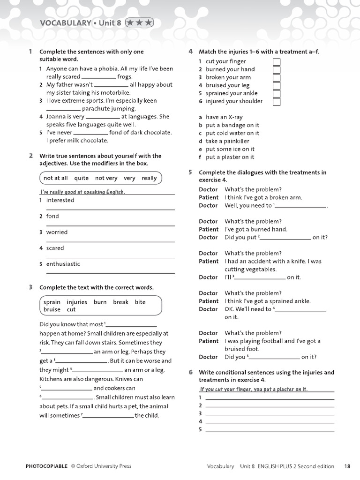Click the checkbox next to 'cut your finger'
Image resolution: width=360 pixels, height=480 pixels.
(277, 62)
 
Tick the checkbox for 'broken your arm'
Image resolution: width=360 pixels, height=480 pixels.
(277, 78)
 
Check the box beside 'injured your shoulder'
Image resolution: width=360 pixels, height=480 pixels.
(277, 102)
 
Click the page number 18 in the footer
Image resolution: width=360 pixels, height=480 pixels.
(347, 466)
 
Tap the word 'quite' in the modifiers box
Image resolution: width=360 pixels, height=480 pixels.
(81, 178)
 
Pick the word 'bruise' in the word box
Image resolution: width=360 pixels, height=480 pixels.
(52, 309)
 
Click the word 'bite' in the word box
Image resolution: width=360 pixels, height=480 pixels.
(140, 302)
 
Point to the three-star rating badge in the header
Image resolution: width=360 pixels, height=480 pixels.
(139, 22)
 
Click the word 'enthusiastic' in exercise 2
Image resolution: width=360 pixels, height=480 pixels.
(63, 264)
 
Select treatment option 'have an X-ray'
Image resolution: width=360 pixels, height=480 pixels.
(224, 117)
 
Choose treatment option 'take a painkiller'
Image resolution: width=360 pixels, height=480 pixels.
(227, 141)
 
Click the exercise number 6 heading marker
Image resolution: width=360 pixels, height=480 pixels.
(191, 372)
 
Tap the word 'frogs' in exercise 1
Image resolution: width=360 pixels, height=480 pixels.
(125, 76)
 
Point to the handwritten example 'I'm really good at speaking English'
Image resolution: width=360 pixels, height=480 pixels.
(82, 192)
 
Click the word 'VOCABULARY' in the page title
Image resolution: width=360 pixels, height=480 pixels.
(65, 22)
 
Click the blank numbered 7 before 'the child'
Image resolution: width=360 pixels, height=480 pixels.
(108, 416)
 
